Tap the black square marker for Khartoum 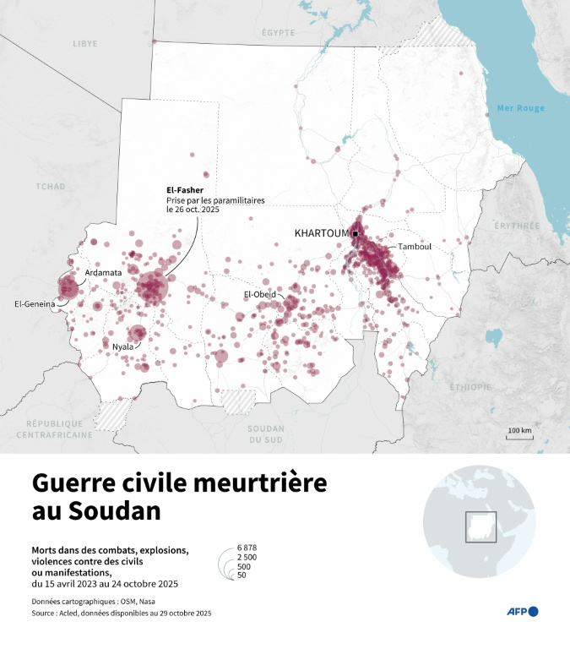[356, 233]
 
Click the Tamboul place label [415, 246]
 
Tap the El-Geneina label [35, 303]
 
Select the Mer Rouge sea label [521, 108]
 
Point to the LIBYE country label [85, 42]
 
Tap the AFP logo [522, 612]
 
